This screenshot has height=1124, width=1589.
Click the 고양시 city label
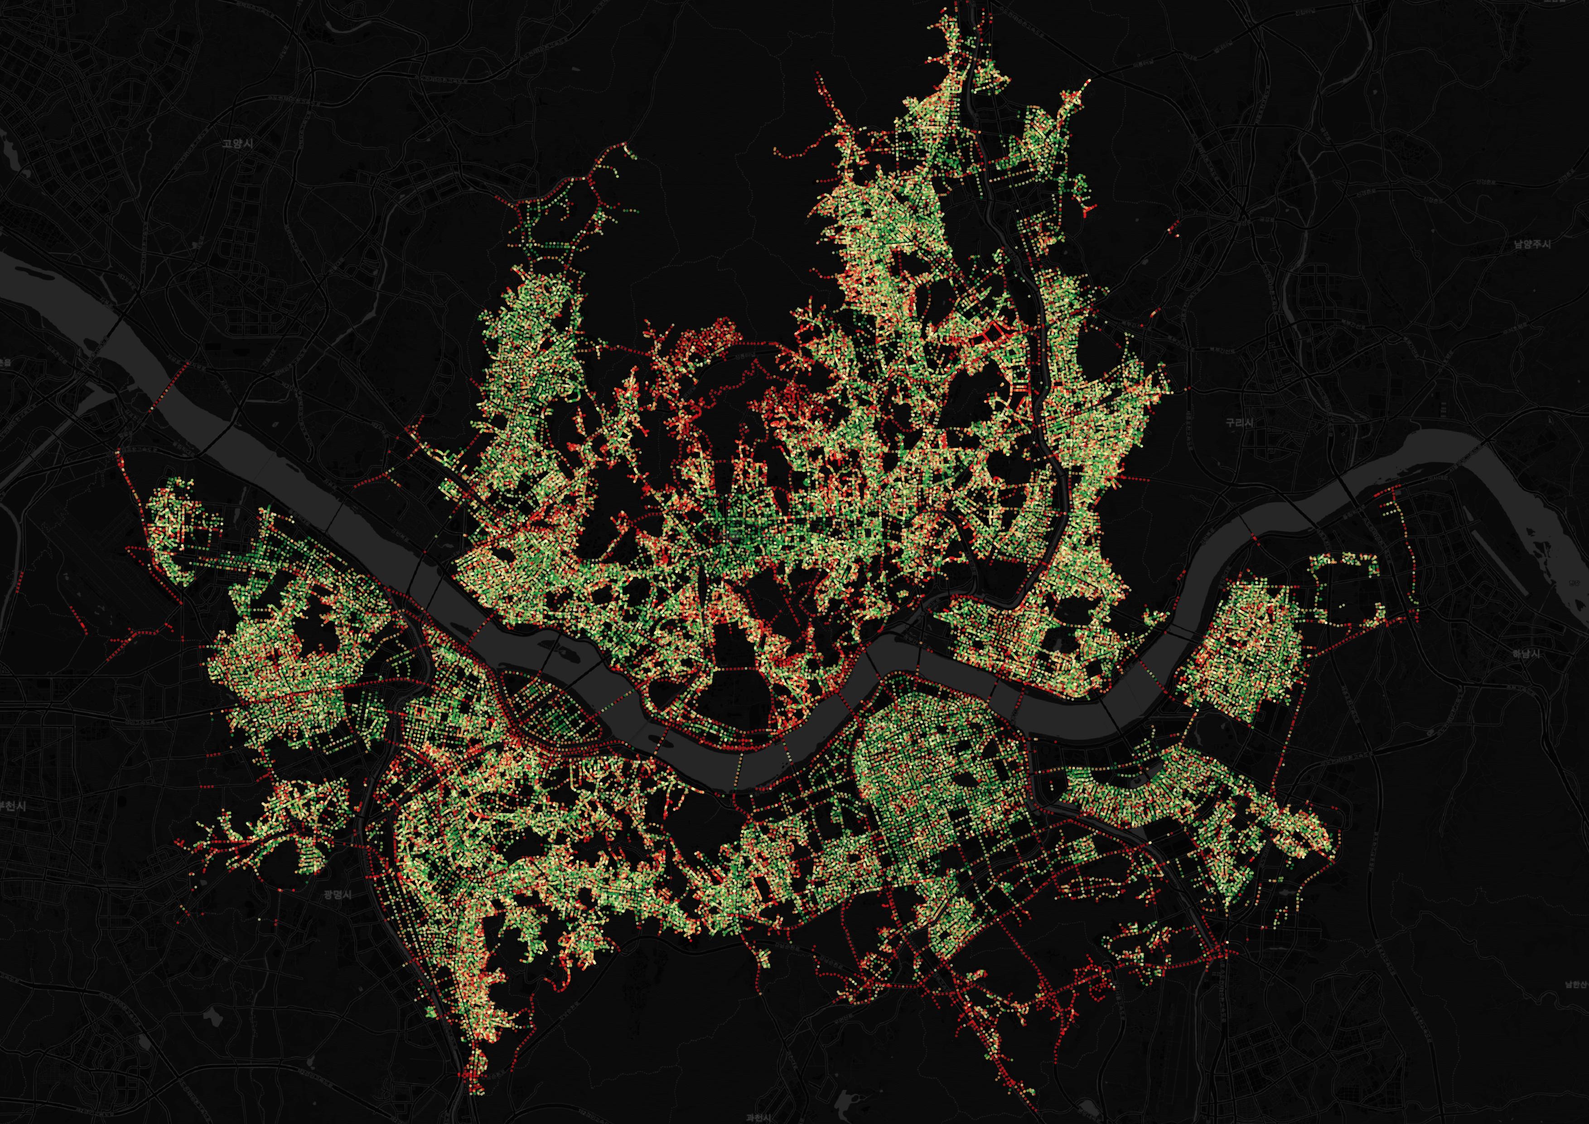click(237, 144)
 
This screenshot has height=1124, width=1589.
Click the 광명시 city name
click(337, 894)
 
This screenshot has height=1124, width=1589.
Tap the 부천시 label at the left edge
click(11, 806)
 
